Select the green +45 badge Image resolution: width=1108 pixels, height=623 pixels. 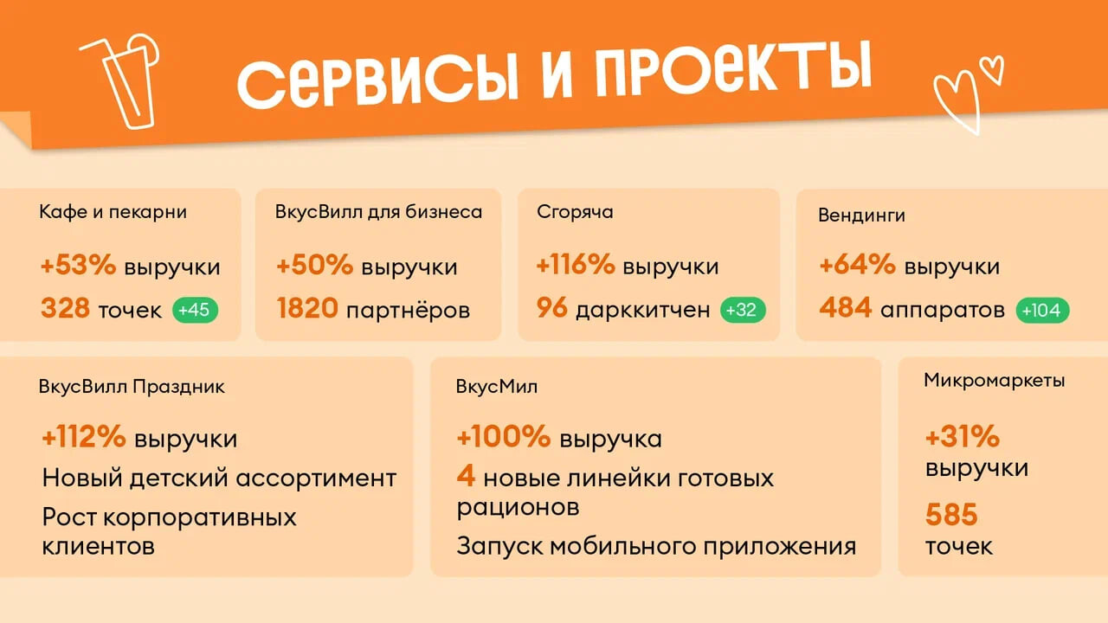coord(195,310)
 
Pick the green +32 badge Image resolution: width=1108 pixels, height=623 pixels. coord(743,310)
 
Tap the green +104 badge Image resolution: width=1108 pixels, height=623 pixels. coord(1042,311)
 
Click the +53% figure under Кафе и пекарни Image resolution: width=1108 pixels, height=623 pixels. coord(78,265)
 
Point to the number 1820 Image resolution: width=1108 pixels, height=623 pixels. coord(307,308)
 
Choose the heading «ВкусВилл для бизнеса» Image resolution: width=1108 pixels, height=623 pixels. coord(378,212)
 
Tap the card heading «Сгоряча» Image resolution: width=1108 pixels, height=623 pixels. coord(575,213)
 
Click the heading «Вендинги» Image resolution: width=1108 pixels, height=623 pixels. coord(861,215)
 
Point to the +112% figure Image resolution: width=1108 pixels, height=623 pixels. coord(84,437)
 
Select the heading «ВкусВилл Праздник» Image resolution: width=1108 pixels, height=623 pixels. coord(132,387)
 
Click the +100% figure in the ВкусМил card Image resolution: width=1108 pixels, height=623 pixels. coord(504,437)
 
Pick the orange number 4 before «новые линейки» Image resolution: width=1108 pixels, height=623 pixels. coord(466,476)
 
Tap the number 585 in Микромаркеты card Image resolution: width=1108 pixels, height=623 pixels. coord(951,515)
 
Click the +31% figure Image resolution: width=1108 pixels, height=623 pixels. coord(963,437)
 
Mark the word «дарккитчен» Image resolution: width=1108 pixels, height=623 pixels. coord(643,310)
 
